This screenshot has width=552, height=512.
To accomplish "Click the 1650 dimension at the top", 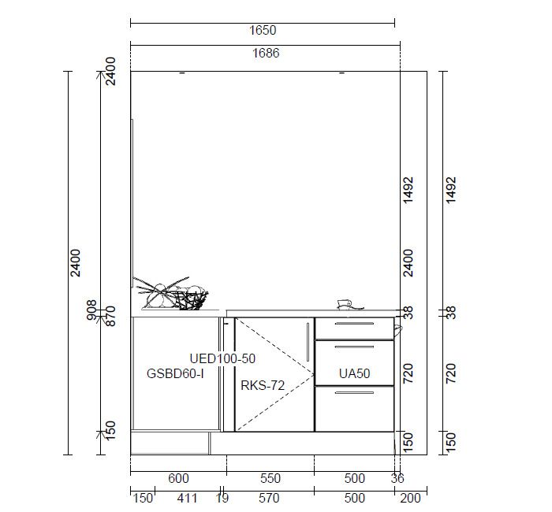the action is coord(263,30).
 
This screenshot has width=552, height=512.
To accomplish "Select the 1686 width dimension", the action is coord(266,53).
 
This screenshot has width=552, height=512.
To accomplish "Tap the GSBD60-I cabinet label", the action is coord(175,373).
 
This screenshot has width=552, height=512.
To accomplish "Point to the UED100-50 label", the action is coord(222,358).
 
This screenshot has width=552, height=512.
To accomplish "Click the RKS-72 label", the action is coord(263,386).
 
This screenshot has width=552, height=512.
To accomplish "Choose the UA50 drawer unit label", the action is coord(355,373).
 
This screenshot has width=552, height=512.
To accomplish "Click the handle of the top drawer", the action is coord(354,324).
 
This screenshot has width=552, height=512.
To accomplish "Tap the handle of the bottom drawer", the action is coord(354,392).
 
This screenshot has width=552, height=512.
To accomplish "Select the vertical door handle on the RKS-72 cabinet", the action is coord(308,343).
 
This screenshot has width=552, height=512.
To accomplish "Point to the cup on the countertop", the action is coord(349,305).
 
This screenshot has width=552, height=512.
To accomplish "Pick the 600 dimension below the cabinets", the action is coord(178,478).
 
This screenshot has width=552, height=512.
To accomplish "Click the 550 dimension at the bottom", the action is coord(270,478).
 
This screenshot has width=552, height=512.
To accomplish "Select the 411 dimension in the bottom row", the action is coord(188,498).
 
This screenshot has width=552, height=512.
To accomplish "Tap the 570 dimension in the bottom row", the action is coord(269,498).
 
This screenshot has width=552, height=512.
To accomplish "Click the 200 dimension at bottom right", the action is coord(411,498).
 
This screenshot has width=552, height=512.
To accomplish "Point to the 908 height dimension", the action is coord(92,310).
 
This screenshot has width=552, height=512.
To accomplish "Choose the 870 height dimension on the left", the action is coord(110,316).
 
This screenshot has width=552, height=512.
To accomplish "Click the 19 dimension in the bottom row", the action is coord(222,498).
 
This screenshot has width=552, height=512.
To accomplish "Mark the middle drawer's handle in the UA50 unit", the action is coord(354,347).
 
